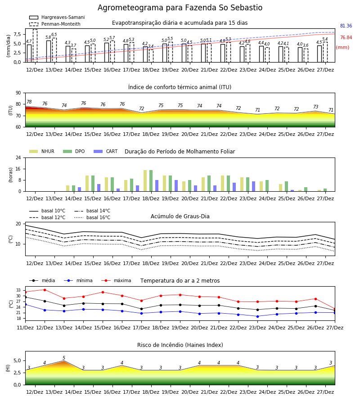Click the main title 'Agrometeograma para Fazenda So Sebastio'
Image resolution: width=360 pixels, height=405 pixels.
point(180,8)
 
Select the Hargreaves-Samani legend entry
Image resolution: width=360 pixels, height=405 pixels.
point(57,17)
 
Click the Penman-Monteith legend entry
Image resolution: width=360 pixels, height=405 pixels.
point(55,24)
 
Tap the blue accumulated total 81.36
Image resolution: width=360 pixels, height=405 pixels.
point(346,26)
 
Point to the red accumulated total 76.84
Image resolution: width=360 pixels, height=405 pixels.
point(346,37)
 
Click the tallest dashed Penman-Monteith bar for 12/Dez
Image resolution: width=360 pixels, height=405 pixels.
point(35,46)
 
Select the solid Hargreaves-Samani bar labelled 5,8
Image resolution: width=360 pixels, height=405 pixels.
point(49,51)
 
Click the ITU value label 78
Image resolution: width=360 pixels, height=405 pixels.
point(29,102)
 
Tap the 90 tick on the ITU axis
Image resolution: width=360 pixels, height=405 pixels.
point(18,93)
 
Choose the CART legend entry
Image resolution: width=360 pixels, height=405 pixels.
point(106,151)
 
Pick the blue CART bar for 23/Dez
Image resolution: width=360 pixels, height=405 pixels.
point(254,186)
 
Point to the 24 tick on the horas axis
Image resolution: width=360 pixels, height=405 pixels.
point(18,157)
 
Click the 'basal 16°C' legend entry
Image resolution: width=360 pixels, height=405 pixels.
point(92,217)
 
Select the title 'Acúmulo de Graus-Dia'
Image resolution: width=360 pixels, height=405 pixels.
point(180,216)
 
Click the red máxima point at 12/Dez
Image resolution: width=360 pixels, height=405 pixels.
point(45,290)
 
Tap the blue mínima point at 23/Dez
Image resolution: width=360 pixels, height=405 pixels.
point(257,316)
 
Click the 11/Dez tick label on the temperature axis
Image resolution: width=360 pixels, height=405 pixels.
point(25,328)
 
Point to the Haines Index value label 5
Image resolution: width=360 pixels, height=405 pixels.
point(64,358)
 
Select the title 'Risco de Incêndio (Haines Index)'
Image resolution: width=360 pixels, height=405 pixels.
point(180,345)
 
